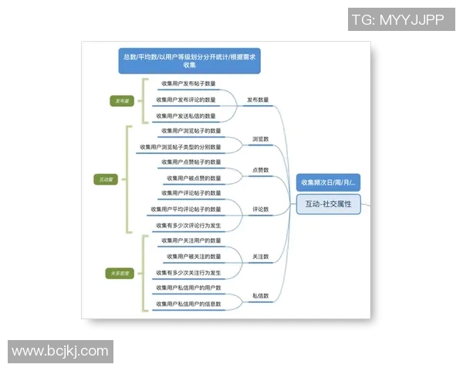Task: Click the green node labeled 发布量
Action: [123, 100]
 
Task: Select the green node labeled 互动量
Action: [106, 179]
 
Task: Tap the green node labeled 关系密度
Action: [121, 273]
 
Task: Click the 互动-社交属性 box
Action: [328, 204]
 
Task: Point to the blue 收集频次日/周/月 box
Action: [328, 183]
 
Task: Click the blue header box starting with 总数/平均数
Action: [189, 60]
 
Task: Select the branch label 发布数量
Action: [258, 100]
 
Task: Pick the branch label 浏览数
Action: [260, 139]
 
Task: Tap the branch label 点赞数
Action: [260, 170]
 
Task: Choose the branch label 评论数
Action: [260, 209]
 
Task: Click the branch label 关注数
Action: [260, 256]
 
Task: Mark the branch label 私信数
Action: [260, 296]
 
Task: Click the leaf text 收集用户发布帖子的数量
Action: [188, 83]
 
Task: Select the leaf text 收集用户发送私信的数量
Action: [186, 116]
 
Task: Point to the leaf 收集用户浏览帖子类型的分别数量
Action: [180, 147]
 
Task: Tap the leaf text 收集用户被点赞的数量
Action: [194, 178]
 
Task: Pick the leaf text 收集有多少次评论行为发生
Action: [188, 226]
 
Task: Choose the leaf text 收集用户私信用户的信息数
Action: [188, 304]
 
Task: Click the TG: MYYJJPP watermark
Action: [397, 20]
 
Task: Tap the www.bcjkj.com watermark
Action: [60, 352]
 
